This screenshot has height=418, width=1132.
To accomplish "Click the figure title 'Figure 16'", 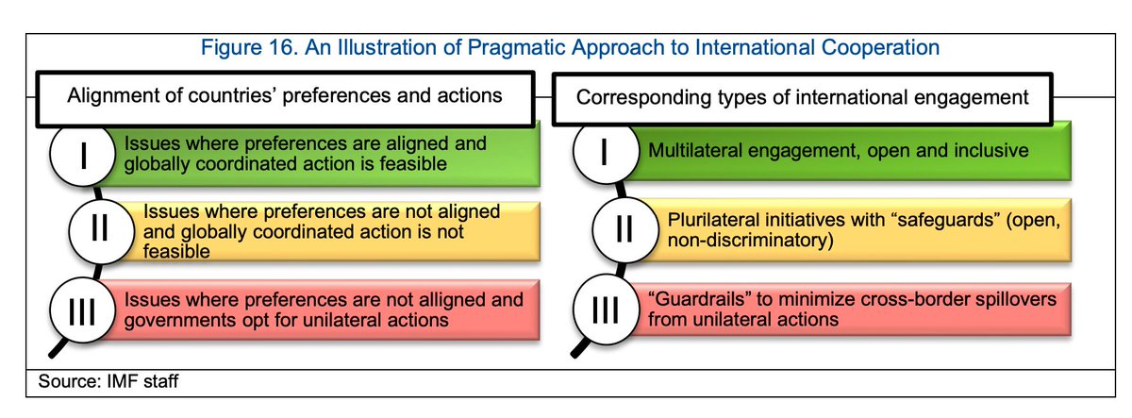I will pyautogui.click(x=273, y=46).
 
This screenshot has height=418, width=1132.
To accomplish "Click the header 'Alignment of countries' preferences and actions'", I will pyautogui.click(x=284, y=95).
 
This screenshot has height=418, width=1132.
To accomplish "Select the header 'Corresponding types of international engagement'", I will pyautogui.click(x=802, y=95).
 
